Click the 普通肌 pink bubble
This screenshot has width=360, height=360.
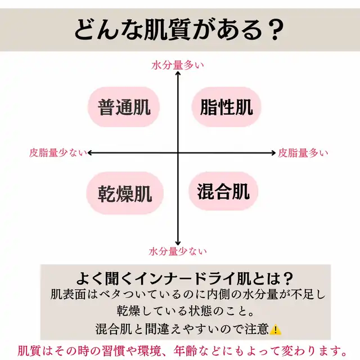click(x=124, y=107)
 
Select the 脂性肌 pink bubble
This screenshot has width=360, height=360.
click(x=226, y=107)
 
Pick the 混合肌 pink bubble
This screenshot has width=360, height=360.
click(x=223, y=191)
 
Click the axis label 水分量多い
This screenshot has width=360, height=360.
click(x=178, y=65)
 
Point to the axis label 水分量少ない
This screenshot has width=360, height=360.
click(x=178, y=251)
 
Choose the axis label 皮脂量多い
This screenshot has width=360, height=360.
click(x=303, y=152)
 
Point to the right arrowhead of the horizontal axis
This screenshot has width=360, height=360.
click(x=273, y=152)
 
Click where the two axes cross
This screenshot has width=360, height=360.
click(x=178, y=152)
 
